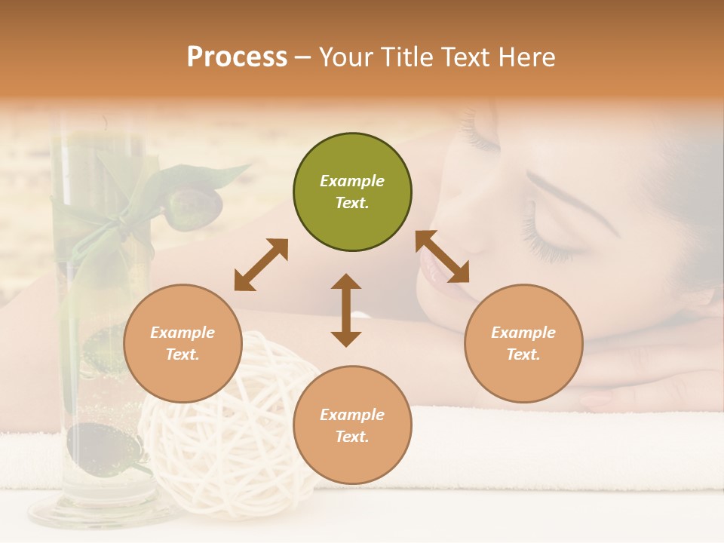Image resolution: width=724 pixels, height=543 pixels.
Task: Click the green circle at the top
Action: coord(352,192)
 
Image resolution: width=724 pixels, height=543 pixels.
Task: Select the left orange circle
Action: coord(183,343)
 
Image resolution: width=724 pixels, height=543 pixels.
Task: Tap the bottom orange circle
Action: coord(352,425)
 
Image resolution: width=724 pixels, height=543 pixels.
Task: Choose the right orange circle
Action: coord(523,343)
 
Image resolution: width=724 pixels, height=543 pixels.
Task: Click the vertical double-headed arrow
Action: coord(346,310)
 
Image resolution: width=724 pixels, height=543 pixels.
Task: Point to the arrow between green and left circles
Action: coord(261,264)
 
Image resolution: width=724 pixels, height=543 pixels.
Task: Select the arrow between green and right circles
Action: coord(443,256)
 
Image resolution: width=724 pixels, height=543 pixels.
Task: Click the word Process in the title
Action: coord(237,57)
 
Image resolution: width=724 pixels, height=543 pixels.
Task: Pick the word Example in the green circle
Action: coord(352,181)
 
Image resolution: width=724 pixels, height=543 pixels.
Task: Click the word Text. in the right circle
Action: coord(523,354)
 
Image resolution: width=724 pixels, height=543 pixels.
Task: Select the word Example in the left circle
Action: coord(183,333)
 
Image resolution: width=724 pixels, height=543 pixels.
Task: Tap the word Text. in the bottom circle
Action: coord(352,437)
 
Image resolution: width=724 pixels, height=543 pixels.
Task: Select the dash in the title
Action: coord(303,57)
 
